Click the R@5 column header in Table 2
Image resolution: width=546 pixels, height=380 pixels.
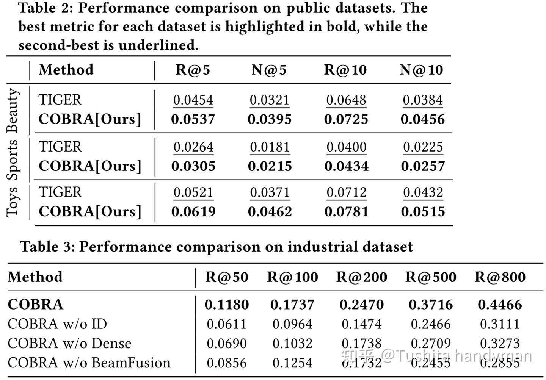193,70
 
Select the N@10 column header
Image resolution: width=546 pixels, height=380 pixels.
421,70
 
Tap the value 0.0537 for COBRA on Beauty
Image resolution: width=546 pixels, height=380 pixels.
193,119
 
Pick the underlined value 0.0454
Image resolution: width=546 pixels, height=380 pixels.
193,100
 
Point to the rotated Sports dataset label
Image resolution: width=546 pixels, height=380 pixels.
13,160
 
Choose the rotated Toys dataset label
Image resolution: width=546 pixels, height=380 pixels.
13,202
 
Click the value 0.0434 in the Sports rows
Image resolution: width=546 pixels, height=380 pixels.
346,166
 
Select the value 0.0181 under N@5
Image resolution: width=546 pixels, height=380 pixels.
270,147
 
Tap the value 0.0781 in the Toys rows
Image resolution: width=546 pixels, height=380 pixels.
346,212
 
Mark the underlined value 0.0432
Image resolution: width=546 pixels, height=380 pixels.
423,192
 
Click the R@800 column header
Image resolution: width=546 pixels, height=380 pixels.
500,277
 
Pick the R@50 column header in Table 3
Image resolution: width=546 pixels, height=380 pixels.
227,277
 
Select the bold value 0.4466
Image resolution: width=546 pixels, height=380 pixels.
500,305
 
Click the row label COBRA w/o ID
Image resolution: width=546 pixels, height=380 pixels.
57,324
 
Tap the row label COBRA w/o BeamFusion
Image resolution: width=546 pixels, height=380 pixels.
89,363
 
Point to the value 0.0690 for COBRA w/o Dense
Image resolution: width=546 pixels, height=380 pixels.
227,343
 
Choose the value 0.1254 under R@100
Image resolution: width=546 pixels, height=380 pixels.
292,363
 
